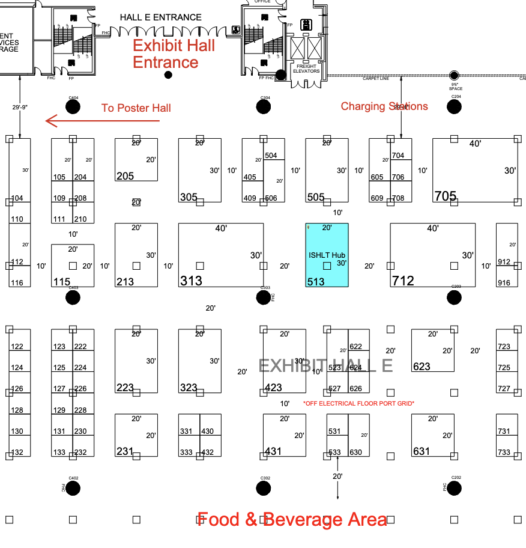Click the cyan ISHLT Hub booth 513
[x=327, y=255]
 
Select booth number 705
[x=446, y=196]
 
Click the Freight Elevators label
[x=306, y=68]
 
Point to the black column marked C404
[x=73, y=107]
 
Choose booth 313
[x=192, y=281]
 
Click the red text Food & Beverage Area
[x=292, y=519]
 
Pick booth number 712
[x=403, y=281]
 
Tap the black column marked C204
[x=455, y=107]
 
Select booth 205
[x=125, y=176]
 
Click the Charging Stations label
[x=384, y=106]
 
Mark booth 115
[x=62, y=281]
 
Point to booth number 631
[x=422, y=451]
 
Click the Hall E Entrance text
[x=160, y=17]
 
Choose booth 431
[x=273, y=451]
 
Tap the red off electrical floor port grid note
[x=358, y=403]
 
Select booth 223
[x=125, y=388]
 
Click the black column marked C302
[x=264, y=488]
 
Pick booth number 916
[x=504, y=282]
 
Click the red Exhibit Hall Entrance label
[x=174, y=53]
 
